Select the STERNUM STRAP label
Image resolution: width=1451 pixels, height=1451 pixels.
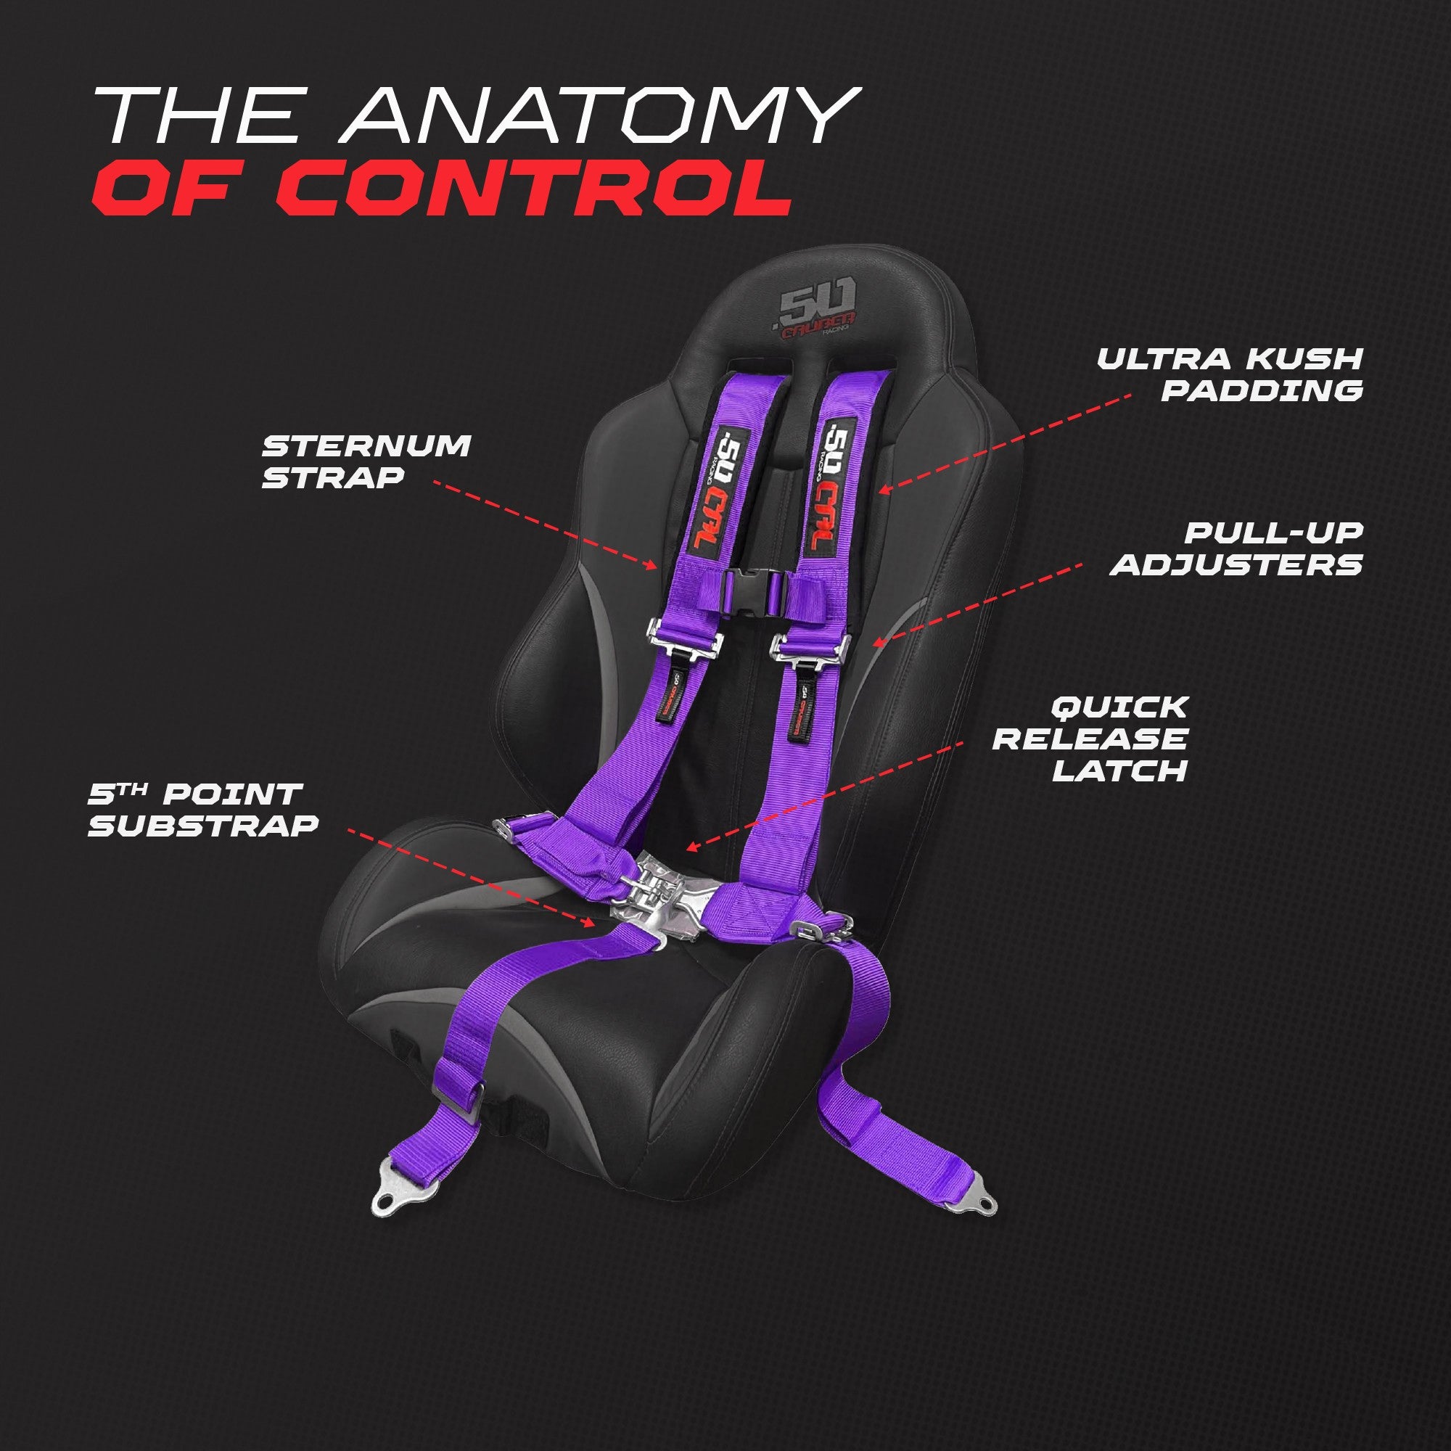[x=366, y=461]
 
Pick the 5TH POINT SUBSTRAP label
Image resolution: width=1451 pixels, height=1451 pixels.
[x=203, y=809]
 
